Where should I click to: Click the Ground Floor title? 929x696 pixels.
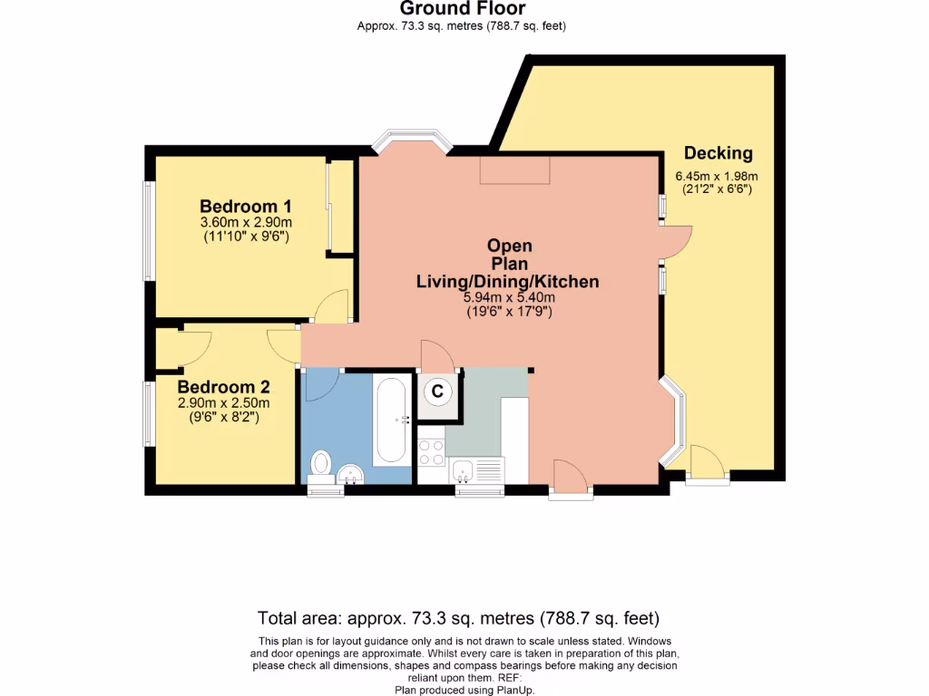point(463,9)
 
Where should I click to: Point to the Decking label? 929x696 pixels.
point(718,152)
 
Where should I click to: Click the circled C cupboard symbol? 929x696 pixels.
point(437,391)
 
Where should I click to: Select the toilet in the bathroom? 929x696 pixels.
point(320,463)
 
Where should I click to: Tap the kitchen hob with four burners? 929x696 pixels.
point(430,452)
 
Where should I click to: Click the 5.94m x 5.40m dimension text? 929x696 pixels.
point(507,297)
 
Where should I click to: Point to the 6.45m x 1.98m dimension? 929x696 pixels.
point(716,177)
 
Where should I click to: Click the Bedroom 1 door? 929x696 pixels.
point(332,305)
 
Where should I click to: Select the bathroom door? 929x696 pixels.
point(320,385)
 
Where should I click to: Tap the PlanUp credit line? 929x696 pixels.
point(464,690)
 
